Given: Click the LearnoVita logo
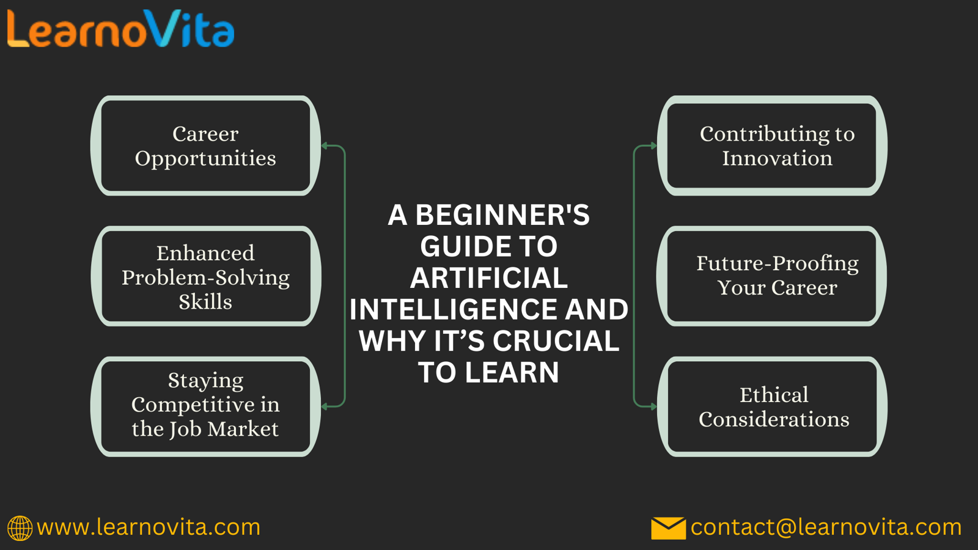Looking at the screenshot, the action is click(x=121, y=28).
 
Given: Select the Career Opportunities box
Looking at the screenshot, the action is click(x=205, y=145).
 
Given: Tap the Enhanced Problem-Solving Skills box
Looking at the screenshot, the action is click(x=205, y=276).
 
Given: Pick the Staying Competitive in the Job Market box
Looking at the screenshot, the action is click(x=205, y=406).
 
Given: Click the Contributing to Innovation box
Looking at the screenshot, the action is click(x=772, y=145).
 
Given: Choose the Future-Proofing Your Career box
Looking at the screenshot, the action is click(x=772, y=276).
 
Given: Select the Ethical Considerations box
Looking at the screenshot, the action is click(x=772, y=406).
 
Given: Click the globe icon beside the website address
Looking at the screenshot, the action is click(x=20, y=528).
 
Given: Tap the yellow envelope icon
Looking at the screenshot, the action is click(x=669, y=528).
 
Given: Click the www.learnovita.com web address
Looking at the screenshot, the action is click(x=149, y=527).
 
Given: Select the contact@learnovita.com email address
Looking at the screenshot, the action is click(x=826, y=527).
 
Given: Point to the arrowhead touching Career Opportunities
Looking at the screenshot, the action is click(x=325, y=145).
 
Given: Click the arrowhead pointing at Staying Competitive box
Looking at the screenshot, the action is click(x=325, y=406).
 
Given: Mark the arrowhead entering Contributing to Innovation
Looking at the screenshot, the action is click(x=653, y=145).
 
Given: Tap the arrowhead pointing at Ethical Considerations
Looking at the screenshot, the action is click(x=653, y=406).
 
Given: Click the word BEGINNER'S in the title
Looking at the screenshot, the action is click(x=502, y=215).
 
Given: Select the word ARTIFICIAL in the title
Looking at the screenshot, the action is click(x=489, y=277).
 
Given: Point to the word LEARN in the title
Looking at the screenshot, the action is click(x=512, y=372).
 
